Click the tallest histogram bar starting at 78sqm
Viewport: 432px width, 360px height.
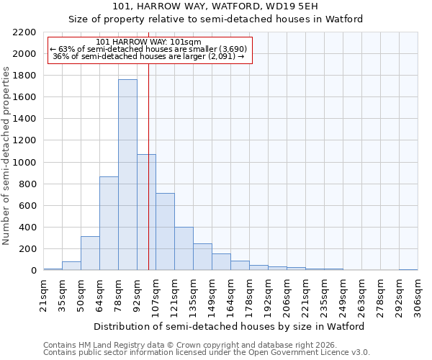(x=127, y=175)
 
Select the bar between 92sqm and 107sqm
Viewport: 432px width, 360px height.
(x=146, y=212)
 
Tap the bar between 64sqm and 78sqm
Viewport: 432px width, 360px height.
(x=109, y=223)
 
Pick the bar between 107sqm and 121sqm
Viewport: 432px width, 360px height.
(x=165, y=232)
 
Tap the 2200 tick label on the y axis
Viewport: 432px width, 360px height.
(x=24, y=32)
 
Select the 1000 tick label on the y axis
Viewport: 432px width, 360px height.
(x=24, y=163)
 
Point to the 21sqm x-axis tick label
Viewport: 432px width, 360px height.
(x=43, y=296)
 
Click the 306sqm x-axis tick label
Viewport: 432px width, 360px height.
(x=418, y=296)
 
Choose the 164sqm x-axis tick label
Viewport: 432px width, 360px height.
(x=230, y=296)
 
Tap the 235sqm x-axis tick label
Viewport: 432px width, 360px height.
(x=324, y=296)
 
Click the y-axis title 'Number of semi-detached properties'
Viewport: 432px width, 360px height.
(x=7, y=156)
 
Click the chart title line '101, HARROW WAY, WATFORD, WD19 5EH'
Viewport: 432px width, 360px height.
(x=215, y=6)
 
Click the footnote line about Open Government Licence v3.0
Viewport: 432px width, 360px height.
(x=207, y=352)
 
